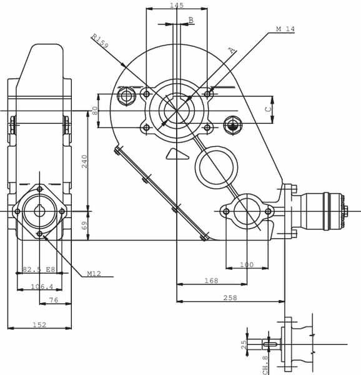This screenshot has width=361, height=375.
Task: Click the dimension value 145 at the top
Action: coord(177,5)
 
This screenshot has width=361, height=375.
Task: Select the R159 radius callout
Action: coord(100,41)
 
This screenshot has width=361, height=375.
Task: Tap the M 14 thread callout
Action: coord(285,29)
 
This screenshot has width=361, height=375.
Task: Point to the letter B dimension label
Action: coord(191,20)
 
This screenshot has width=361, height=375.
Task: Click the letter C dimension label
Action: coord(269,109)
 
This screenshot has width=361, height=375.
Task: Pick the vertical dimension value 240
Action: coord(84,161)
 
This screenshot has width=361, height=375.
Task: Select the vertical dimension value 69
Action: coord(84,226)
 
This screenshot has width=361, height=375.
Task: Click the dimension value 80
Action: coord(95,111)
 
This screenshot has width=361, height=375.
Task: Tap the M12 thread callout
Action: coord(94,273)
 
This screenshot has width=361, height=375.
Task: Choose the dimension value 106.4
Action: coord(42,286)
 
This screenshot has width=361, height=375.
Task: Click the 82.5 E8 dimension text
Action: coord(39,269)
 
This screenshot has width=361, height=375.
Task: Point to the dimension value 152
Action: coord(39,324)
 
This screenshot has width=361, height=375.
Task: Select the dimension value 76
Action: coord(54,299)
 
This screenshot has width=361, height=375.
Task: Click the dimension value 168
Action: coord(212,280)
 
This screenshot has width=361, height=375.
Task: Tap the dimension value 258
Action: coord(230,297)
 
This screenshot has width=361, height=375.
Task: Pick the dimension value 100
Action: coord(247,264)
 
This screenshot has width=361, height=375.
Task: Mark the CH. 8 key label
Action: coord(265,365)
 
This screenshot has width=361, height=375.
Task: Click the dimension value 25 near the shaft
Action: coord(244,344)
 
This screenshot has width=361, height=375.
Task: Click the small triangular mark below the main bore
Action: coord(177,154)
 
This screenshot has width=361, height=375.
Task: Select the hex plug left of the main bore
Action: coord(126,96)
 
